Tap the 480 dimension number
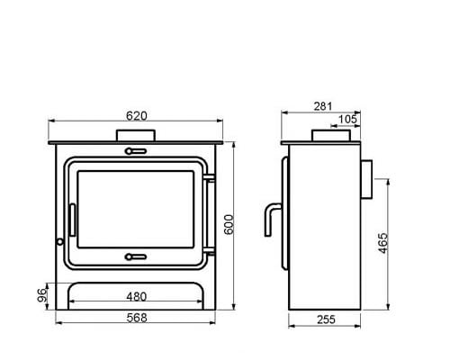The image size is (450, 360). tap(137, 297)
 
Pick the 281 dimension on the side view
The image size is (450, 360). tap(321, 107)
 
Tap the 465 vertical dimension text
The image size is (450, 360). tap(384, 243)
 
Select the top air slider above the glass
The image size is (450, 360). tap(137, 151)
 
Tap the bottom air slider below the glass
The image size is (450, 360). tap(137, 256)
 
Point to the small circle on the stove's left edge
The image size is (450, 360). tap(59, 240)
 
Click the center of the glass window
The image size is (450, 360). tap(137, 205)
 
